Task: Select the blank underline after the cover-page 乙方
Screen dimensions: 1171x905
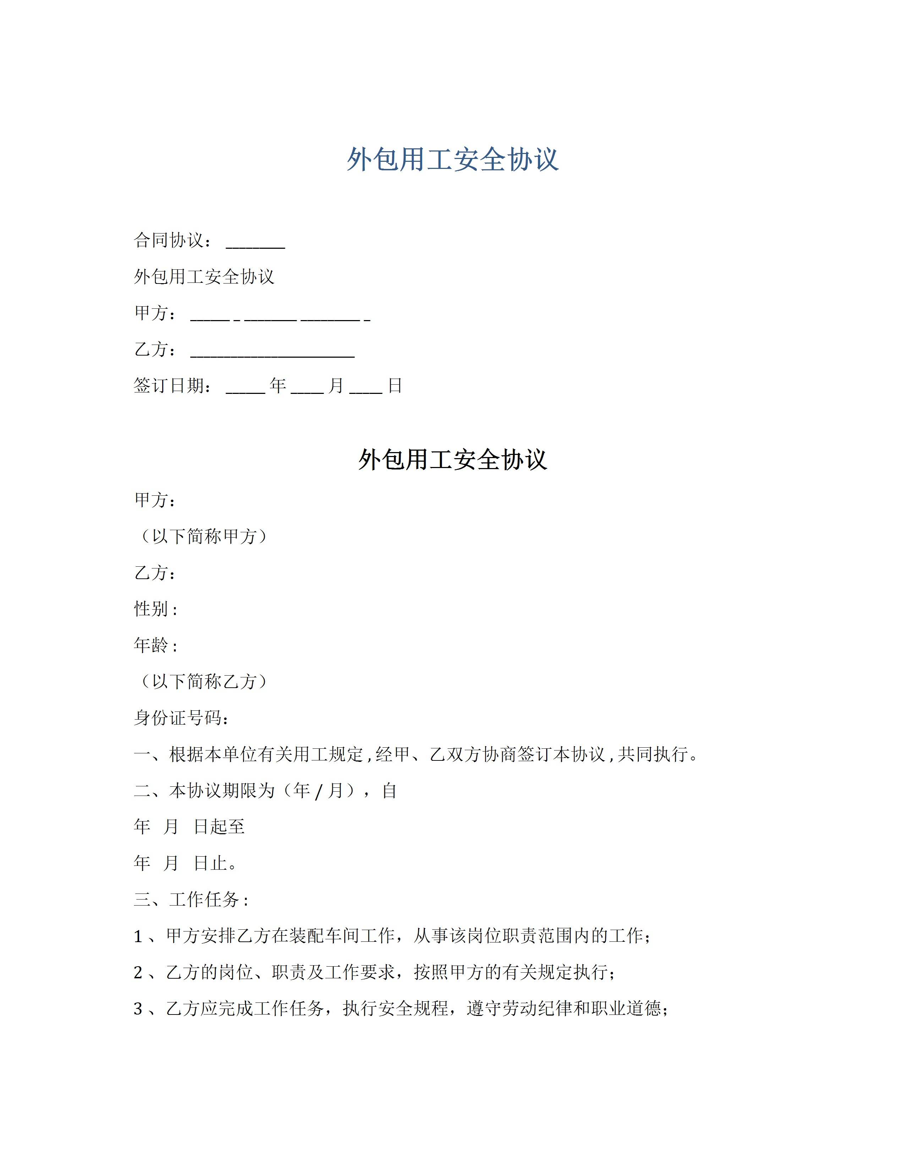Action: [x=272, y=355]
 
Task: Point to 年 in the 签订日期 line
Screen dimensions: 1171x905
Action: [x=278, y=385]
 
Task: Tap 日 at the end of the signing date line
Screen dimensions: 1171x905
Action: [x=395, y=385]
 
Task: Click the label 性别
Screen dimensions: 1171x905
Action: [x=152, y=609]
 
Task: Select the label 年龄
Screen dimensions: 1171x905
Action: [x=152, y=645]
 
